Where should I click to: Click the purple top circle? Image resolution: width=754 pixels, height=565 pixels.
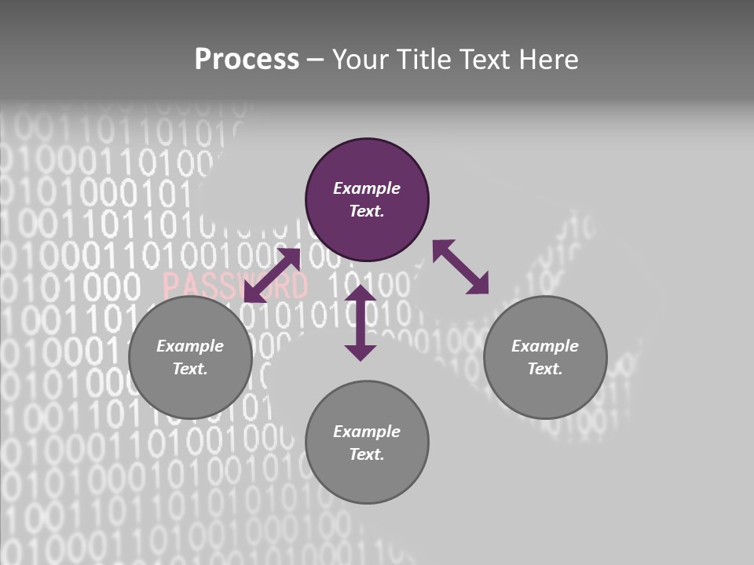pyautogui.click(x=367, y=200)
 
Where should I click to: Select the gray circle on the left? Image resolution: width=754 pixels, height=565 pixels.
pyautogui.click(x=190, y=357)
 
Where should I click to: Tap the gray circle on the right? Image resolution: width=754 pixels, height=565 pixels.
pyautogui.click(x=545, y=357)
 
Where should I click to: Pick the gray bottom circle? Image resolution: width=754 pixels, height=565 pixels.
pyautogui.click(x=367, y=443)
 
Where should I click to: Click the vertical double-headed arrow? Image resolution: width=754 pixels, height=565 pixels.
pyautogui.click(x=361, y=323)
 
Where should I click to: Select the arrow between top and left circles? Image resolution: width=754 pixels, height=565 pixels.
pyautogui.click(x=273, y=275)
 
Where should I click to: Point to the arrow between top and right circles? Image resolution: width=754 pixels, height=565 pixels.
pyautogui.click(x=461, y=267)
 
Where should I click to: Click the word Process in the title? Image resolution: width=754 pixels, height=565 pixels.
pyautogui.click(x=247, y=59)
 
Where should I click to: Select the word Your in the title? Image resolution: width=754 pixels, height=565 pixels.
pyautogui.click(x=361, y=59)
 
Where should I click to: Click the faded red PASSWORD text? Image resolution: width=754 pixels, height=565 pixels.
pyautogui.click(x=236, y=285)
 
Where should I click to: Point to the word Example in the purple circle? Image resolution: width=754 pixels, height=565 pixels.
pyautogui.click(x=367, y=188)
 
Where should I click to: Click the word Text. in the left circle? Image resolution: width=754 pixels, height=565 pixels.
pyautogui.click(x=190, y=369)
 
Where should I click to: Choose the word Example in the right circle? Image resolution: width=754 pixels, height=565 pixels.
pyautogui.click(x=545, y=346)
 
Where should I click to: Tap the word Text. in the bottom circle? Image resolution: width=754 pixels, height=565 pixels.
pyautogui.click(x=367, y=454)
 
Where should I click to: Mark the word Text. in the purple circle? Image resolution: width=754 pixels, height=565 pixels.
pyautogui.click(x=367, y=211)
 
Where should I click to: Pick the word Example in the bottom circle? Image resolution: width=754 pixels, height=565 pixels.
pyautogui.click(x=367, y=432)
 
